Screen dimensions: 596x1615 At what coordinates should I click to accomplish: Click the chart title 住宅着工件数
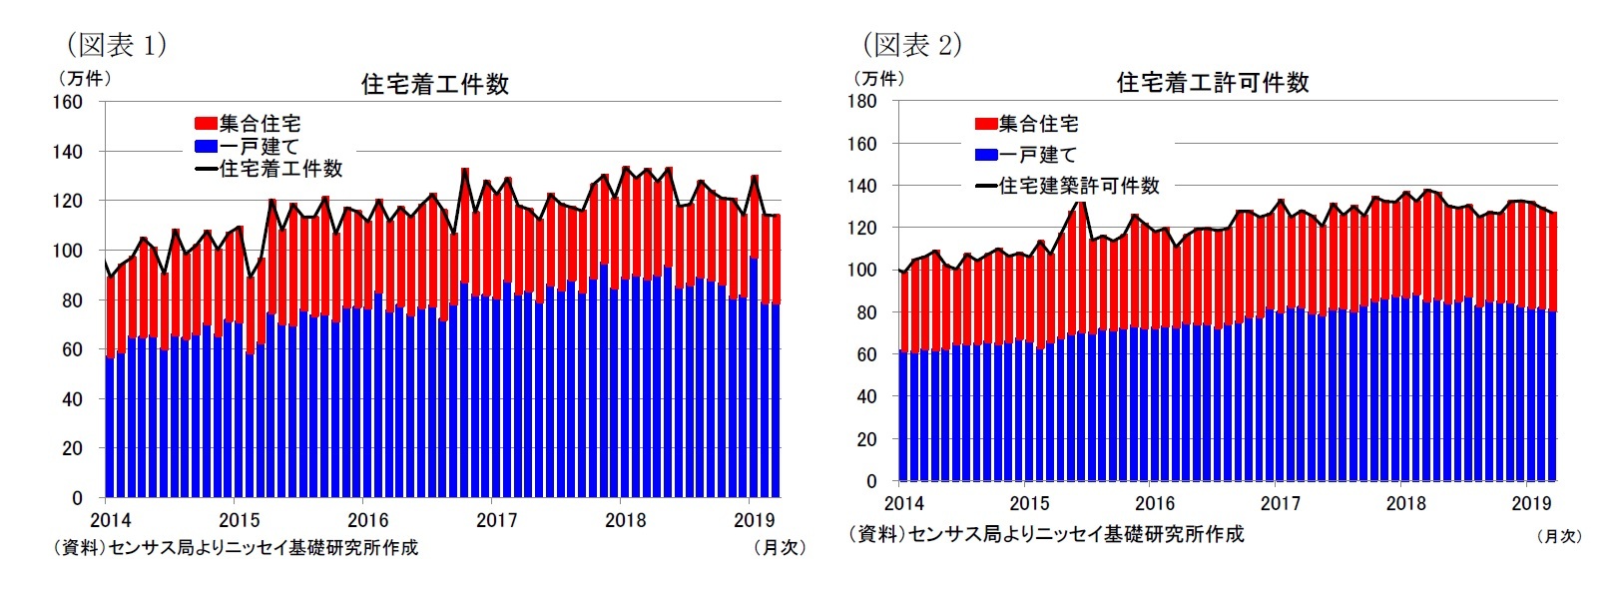(x=435, y=84)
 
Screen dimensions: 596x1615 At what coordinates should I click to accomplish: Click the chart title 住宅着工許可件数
(x=1213, y=83)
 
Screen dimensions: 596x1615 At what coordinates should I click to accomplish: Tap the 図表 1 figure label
(x=116, y=45)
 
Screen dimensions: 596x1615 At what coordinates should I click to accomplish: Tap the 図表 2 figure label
(x=912, y=45)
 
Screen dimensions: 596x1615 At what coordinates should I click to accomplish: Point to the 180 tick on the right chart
(x=861, y=101)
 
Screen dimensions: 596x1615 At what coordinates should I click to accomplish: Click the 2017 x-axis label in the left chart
(x=496, y=520)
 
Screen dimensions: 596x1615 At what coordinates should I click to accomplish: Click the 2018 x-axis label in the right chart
(x=1405, y=503)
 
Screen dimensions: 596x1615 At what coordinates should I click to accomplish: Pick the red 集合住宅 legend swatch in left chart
(x=206, y=124)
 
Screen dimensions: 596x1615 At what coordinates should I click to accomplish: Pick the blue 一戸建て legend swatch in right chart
(x=986, y=155)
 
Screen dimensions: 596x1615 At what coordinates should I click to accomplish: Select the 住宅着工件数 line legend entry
(x=269, y=169)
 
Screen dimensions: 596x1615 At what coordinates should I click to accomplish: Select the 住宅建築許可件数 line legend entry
(x=1068, y=186)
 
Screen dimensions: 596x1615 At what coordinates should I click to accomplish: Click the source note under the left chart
(x=236, y=547)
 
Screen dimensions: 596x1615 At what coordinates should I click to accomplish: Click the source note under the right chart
(x=1046, y=534)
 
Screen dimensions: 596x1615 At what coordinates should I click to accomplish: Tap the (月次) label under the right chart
(x=1559, y=536)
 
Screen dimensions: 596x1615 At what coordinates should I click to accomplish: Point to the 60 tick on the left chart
(x=72, y=349)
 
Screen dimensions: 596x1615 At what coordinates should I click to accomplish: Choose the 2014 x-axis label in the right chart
(x=904, y=503)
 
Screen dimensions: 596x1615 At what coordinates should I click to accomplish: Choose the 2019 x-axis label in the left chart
(x=754, y=520)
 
